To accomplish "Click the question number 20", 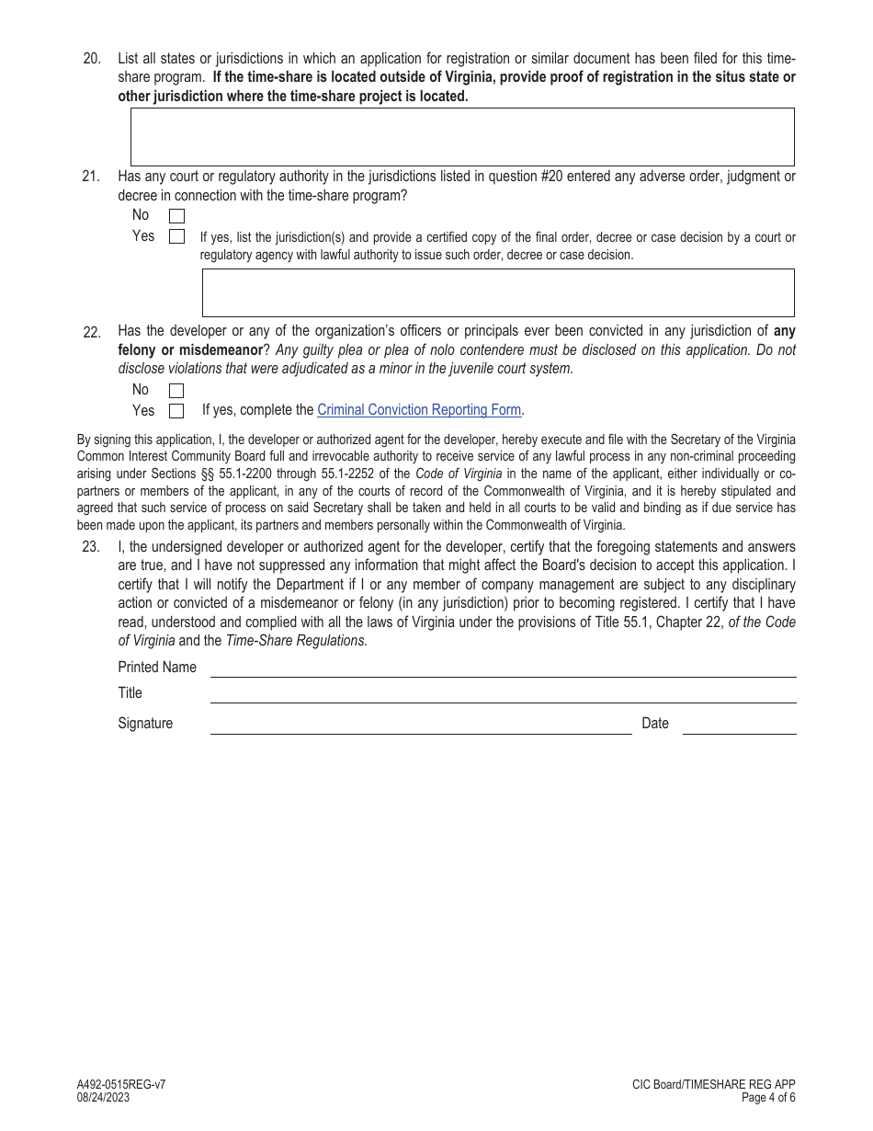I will point(92,59).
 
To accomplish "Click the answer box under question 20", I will point(461,137).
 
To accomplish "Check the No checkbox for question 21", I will point(176,216).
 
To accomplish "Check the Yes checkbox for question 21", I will point(176,236).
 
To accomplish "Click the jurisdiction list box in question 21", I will point(497,292).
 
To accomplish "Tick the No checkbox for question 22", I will point(176,391).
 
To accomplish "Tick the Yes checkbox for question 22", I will point(176,411).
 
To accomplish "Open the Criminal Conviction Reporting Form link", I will point(419,410).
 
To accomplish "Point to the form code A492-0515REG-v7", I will point(121,1085).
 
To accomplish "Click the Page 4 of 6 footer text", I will point(768,1098).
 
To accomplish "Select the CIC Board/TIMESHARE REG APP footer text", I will point(713,1085).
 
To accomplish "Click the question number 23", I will point(91,547).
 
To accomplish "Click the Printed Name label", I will point(157,668).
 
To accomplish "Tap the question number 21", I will point(91,177).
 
